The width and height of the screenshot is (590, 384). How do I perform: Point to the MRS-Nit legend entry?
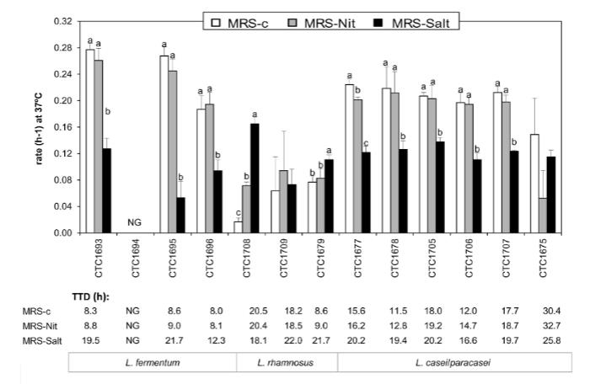pyautogui.click(x=326, y=23)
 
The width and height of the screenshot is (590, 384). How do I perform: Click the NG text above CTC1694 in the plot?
pyautogui.click(x=134, y=222)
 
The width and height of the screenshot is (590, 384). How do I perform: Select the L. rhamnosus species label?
pyautogui.click(x=287, y=363)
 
